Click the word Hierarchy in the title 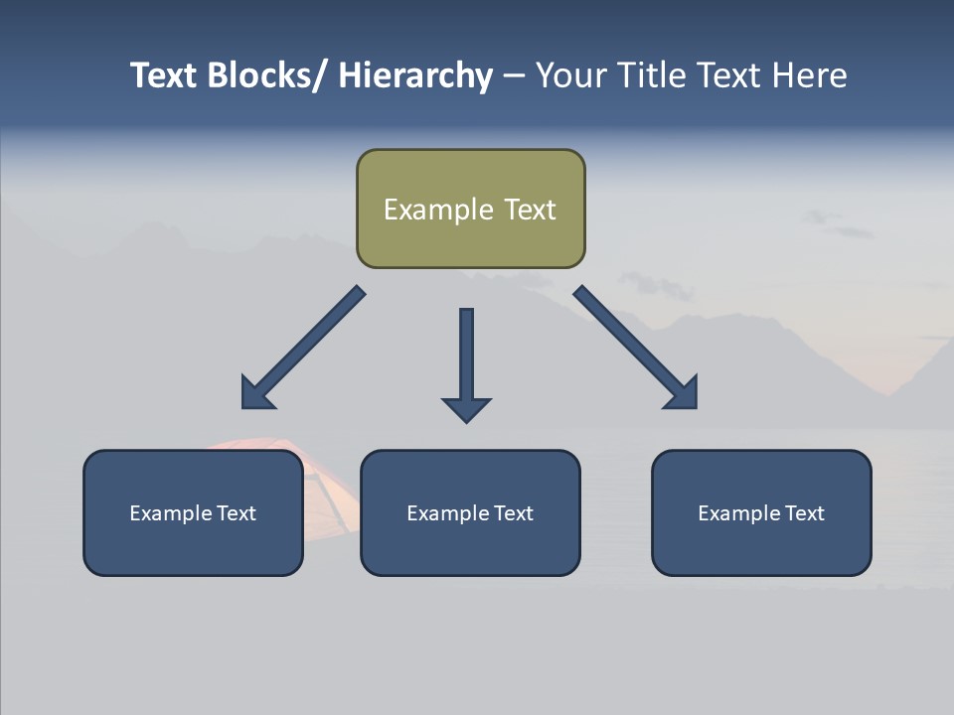pyautogui.click(x=414, y=75)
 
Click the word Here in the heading pyautogui.click(x=809, y=75)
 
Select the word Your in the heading pyautogui.click(x=569, y=75)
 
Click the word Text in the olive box pyautogui.click(x=529, y=210)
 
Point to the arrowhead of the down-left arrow pyautogui.click(x=255, y=394)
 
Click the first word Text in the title pyautogui.click(x=165, y=75)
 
